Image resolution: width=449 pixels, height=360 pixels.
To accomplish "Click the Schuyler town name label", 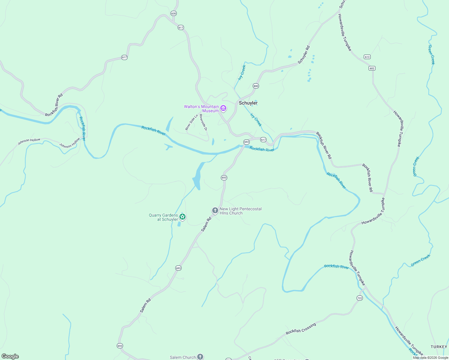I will tap(248, 103).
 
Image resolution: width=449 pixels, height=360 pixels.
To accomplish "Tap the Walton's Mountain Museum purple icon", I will tap(223, 108).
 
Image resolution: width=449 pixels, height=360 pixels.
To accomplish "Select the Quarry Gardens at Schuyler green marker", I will tap(182, 217).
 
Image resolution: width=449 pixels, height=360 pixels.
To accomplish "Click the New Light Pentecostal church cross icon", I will tap(215, 211).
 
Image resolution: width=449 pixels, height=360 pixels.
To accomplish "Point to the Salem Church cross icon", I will tap(200, 357).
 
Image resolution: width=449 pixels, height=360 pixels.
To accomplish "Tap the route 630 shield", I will tap(173, 13).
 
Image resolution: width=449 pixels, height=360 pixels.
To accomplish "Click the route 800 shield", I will tap(256, 86).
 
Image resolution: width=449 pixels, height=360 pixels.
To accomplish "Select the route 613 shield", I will tap(367, 57).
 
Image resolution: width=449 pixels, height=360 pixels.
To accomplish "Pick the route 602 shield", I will tap(372, 68).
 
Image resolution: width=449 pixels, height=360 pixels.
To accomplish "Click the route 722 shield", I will tap(360, 298).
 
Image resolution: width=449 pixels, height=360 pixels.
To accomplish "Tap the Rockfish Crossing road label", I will tap(301, 329).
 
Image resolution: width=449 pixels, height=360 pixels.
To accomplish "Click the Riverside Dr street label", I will tap(203, 122).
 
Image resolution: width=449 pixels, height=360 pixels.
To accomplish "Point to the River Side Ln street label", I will tap(191, 122).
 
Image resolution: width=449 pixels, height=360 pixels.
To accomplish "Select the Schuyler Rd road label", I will tap(303, 55).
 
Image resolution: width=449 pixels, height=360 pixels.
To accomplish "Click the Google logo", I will tap(10, 356).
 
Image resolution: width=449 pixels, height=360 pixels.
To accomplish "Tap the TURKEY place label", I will tap(439, 347).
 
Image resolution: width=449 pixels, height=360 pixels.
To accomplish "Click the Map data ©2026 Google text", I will tap(430, 358).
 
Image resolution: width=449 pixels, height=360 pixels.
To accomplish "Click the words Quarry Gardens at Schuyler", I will tap(163, 217).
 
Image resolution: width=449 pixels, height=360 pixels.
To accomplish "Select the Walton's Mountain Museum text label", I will tap(201, 109).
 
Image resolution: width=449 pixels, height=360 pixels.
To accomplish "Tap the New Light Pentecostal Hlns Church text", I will tap(240, 211).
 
